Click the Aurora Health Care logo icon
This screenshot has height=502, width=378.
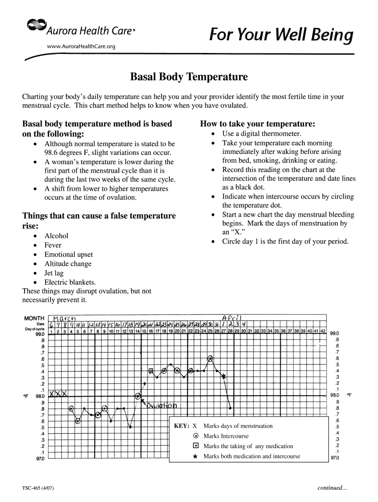[35, 25]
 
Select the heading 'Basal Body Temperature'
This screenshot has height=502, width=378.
[189, 77]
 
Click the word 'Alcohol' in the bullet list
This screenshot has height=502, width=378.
[56, 236]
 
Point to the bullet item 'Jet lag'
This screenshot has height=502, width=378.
[54, 273]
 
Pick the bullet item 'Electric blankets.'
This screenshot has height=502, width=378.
[70, 282]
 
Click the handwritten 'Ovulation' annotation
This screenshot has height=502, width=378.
[162, 406]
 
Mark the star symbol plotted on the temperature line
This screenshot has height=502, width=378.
[224, 376]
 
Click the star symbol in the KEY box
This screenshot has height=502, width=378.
[195, 456]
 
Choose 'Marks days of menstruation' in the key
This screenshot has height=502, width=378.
[238, 426]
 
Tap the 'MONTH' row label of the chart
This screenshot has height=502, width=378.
[34, 318]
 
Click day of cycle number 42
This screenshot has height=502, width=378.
[323, 331]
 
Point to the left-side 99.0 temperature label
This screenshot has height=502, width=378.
[40, 334]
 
